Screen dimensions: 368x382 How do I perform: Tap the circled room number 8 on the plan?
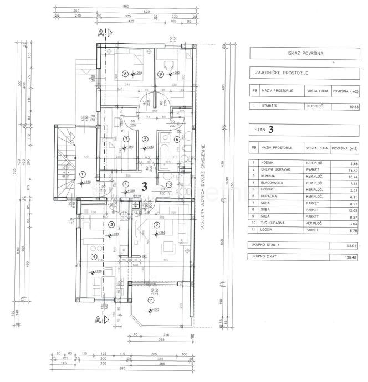coord(125,73)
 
